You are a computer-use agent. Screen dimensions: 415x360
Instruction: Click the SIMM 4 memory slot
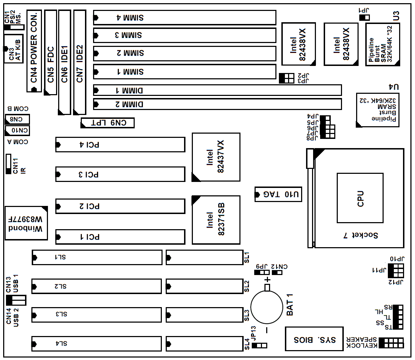(185, 18)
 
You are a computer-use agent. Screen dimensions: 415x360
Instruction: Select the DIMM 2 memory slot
(218, 104)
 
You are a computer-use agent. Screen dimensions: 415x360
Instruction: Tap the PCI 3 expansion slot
(121, 174)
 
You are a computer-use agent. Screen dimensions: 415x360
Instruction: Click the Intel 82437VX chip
(216, 157)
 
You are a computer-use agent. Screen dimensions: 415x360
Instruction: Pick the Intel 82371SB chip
(216, 220)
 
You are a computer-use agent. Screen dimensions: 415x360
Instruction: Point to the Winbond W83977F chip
(26, 223)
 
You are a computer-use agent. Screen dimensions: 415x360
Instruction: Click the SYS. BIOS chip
(314, 339)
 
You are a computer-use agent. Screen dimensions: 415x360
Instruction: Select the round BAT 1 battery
(267, 307)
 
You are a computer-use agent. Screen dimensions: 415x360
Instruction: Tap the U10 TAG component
(278, 194)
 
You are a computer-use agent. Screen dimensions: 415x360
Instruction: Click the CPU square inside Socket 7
(360, 198)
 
